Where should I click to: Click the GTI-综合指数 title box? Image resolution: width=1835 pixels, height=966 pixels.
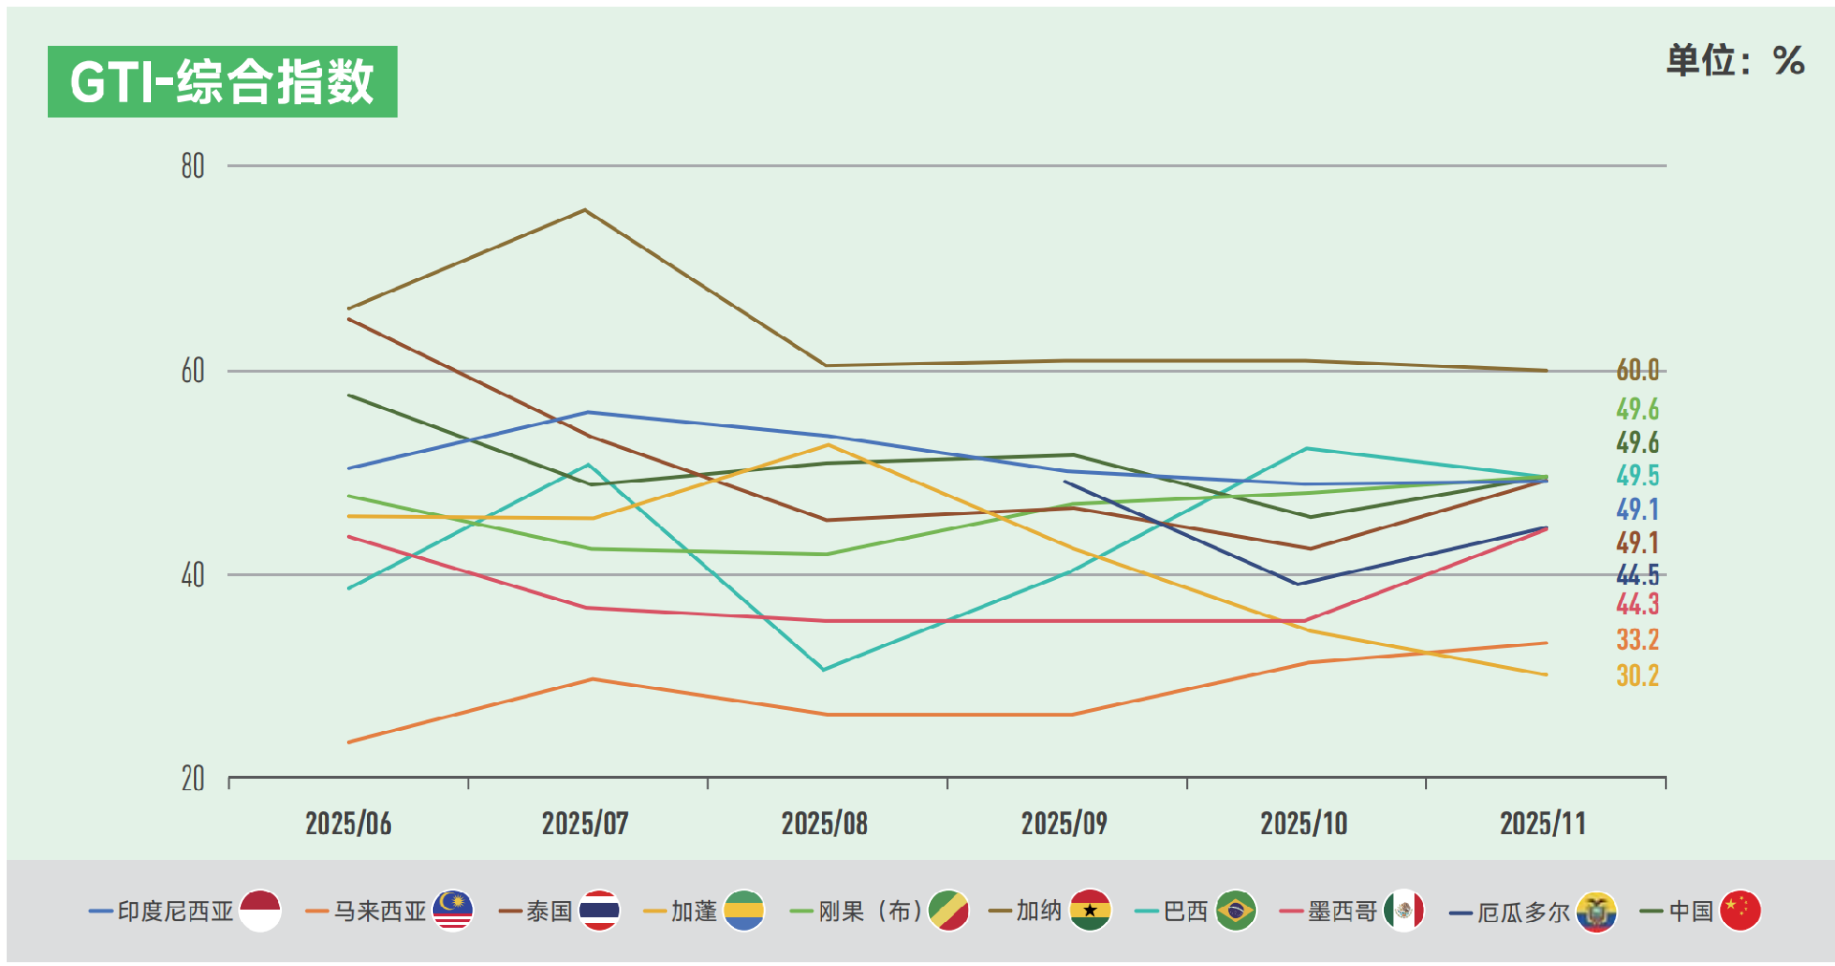click(222, 82)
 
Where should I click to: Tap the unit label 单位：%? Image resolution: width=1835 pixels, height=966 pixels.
click(1734, 61)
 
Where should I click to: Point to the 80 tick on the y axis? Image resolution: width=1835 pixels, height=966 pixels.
click(193, 166)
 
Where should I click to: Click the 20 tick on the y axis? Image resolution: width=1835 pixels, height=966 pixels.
click(193, 779)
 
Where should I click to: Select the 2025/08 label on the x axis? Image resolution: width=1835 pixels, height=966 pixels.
click(824, 824)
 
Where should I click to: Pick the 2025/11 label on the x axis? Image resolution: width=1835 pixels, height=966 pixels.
click(1543, 824)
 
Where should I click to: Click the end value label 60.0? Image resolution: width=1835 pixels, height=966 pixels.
click(1637, 371)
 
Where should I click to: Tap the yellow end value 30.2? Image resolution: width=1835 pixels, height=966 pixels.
click(1637, 676)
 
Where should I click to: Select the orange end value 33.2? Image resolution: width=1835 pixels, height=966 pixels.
click(1637, 640)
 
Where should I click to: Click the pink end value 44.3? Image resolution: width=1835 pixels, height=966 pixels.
click(1637, 605)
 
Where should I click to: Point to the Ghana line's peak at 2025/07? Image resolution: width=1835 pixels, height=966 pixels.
click(585, 210)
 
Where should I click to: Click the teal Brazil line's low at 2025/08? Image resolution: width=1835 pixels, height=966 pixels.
click(824, 669)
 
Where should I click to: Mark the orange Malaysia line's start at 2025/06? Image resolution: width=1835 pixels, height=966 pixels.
click(350, 741)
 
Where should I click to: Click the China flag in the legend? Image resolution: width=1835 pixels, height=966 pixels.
click(1739, 911)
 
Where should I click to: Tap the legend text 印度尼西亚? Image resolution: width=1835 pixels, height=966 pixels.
click(176, 912)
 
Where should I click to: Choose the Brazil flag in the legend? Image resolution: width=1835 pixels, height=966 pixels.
click(1236, 911)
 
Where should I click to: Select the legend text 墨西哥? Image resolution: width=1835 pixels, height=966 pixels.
click(1342, 912)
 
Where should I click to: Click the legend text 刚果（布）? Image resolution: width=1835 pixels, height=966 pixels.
click(870, 912)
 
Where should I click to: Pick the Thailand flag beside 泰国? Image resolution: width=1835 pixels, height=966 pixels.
click(599, 911)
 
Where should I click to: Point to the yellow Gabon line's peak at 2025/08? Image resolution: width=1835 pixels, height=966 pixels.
click(828, 444)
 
